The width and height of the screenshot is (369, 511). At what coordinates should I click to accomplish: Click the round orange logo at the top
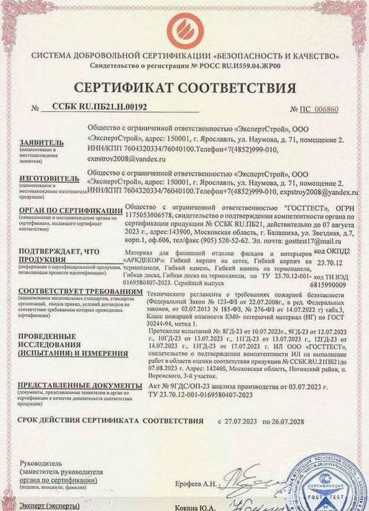point(184,28)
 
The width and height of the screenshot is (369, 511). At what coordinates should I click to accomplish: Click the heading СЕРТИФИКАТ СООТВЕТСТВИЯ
point(185,87)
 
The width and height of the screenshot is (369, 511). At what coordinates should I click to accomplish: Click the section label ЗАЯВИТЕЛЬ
point(41,143)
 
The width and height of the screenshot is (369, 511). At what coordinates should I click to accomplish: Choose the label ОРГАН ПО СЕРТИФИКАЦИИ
point(71,211)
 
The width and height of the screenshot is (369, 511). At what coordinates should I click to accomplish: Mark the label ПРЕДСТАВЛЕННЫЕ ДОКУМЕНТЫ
point(80,386)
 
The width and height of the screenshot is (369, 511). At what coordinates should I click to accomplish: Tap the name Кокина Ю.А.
point(195,508)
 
